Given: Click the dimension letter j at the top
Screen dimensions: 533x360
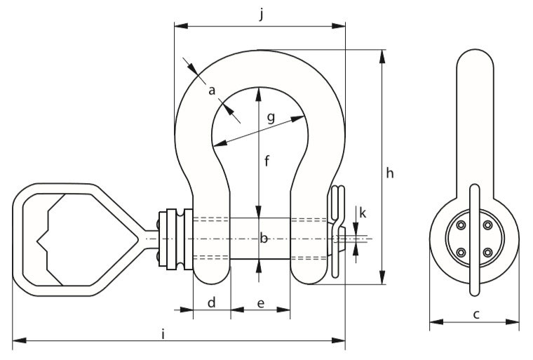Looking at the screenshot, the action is point(261,15).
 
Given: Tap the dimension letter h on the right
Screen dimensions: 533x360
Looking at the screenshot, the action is point(390,173).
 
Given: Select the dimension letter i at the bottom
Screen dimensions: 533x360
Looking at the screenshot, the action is point(163,334).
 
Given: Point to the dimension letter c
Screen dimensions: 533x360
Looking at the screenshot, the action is point(476,314).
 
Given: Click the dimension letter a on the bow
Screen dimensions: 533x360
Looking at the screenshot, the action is point(212,91).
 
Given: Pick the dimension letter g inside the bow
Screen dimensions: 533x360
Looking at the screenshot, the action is point(271,118).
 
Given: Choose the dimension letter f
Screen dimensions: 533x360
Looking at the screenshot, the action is point(266,161).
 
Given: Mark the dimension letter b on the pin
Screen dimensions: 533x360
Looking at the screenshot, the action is point(264,238).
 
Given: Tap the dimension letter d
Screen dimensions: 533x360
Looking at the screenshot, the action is point(211,302).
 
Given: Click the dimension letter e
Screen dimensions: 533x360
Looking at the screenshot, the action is point(261,303).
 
